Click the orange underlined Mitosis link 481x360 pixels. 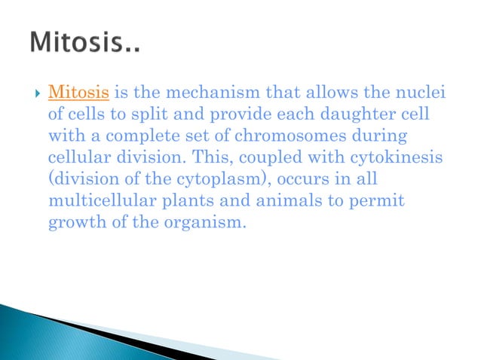[78, 93]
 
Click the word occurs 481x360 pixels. [266, 180]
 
